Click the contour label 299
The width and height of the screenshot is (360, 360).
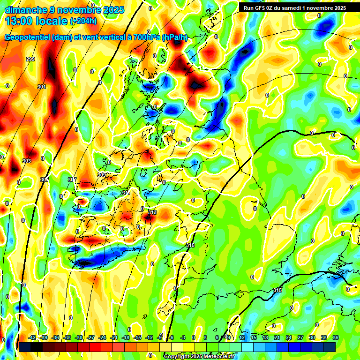click(30, 59)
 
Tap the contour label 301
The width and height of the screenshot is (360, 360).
click(42, 87)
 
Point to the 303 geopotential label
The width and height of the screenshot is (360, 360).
click(27, 161)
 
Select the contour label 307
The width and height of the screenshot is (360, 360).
click(72, 180)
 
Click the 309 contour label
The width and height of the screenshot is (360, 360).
click(101, 175)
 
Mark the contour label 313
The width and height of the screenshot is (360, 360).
click(152, 212)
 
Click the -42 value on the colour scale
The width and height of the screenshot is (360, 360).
click(32, 337)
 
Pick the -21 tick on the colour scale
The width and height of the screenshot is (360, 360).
click(114, 337)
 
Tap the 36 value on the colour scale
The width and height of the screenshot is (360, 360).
click(335, 337)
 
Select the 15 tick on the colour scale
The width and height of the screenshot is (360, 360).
click(254, 337)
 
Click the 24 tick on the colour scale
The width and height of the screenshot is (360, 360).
click(289, 337)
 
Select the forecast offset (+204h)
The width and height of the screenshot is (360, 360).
click(84, 21)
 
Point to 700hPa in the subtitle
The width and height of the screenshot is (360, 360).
click(146, 37)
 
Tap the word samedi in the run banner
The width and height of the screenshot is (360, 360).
click(298, 8)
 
